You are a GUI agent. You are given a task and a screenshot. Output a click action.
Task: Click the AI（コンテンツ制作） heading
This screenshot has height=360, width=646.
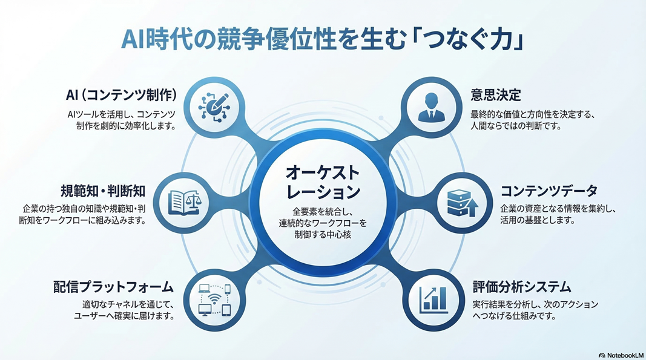click(121, 95)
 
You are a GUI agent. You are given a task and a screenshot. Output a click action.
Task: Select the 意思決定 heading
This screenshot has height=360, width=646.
click(495, 95)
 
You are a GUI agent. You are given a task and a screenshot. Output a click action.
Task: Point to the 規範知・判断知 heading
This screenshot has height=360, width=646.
click(102, 191)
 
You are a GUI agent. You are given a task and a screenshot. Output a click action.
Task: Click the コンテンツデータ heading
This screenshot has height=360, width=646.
click(549, 191)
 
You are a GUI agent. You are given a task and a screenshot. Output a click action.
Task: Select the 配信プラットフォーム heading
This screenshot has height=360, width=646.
click(113, 286)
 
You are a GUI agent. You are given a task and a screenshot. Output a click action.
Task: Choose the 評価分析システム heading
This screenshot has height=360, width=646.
click(521, 286)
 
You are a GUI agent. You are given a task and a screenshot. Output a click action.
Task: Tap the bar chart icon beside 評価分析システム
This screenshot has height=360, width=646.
click(434, 298)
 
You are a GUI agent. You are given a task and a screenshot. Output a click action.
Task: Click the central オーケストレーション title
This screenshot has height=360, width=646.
click(322, 183)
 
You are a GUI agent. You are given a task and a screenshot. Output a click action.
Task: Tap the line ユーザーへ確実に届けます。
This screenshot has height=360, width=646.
click(124, 316)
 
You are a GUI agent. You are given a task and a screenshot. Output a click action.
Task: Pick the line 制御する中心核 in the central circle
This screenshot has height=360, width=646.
click(323, 234)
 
